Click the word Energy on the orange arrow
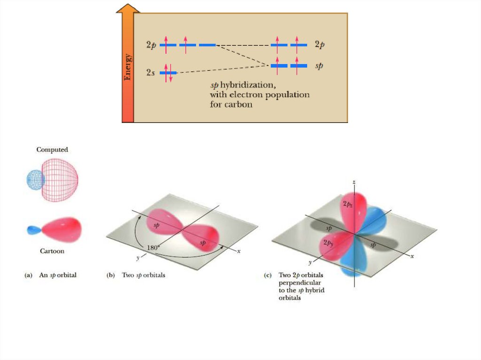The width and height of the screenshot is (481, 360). [x=128, y=68]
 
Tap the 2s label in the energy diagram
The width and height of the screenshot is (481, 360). [x=150, y=73]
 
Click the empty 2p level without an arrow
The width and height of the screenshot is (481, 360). [x=207, y=45]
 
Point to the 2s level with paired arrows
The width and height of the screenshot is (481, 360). [x=168, y=73]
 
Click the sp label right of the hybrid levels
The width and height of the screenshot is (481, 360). [x=319, y=66]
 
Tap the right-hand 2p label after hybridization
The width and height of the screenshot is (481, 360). [x=319, y=45]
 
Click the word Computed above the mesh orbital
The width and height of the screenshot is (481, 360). [x=52, y=150]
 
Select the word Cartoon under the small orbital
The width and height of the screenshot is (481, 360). [x=52, y=251]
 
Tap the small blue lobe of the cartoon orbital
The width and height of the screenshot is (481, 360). [x=34, y=230]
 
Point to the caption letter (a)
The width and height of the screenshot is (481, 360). [x=28, y=276]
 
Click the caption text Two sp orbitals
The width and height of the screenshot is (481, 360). [x=143, y=276]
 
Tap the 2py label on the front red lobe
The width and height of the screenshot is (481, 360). [x=328, y=244]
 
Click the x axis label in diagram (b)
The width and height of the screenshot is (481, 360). [x=239, y=252]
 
